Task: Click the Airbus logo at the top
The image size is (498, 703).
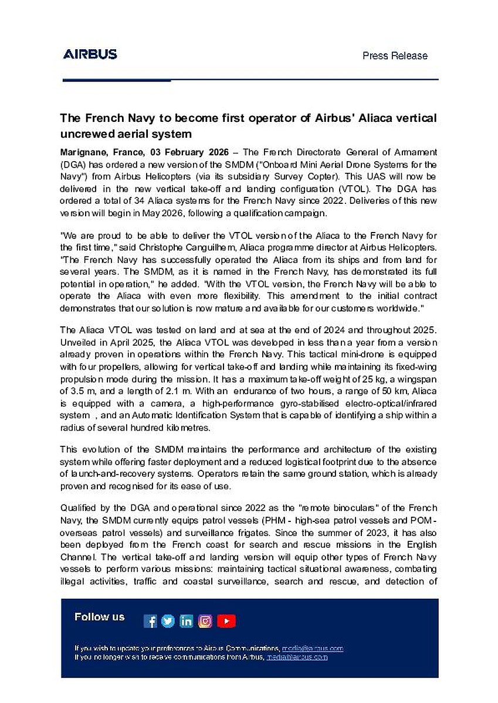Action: coord(90,54)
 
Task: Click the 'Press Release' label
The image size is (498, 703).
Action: coord(395,56)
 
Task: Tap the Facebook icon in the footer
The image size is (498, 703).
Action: coord(150,622)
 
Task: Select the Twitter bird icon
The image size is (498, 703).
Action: coord(168,622)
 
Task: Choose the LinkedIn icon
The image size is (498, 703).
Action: coord(187,622)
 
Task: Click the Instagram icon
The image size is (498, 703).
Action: coord(205,622)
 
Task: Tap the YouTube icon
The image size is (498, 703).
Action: coord(226,622)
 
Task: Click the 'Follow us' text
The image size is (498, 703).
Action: coord(100,617)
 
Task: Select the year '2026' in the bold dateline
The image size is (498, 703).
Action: coord(218,152)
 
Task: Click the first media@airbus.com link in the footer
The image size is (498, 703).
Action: coord(312,649)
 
